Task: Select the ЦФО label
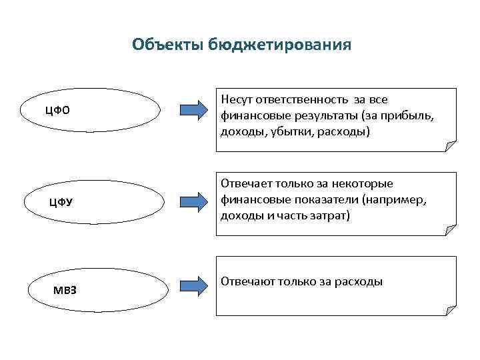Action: pos(57,109)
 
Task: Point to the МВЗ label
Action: pos(65,290)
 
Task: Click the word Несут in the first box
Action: pos(236,100)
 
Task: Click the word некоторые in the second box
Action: pos(366,184)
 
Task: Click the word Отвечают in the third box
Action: pos(248,281)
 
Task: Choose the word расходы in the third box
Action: pos(359,281)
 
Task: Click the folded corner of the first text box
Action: pos(451,146)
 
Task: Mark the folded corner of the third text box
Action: pos(451,308)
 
